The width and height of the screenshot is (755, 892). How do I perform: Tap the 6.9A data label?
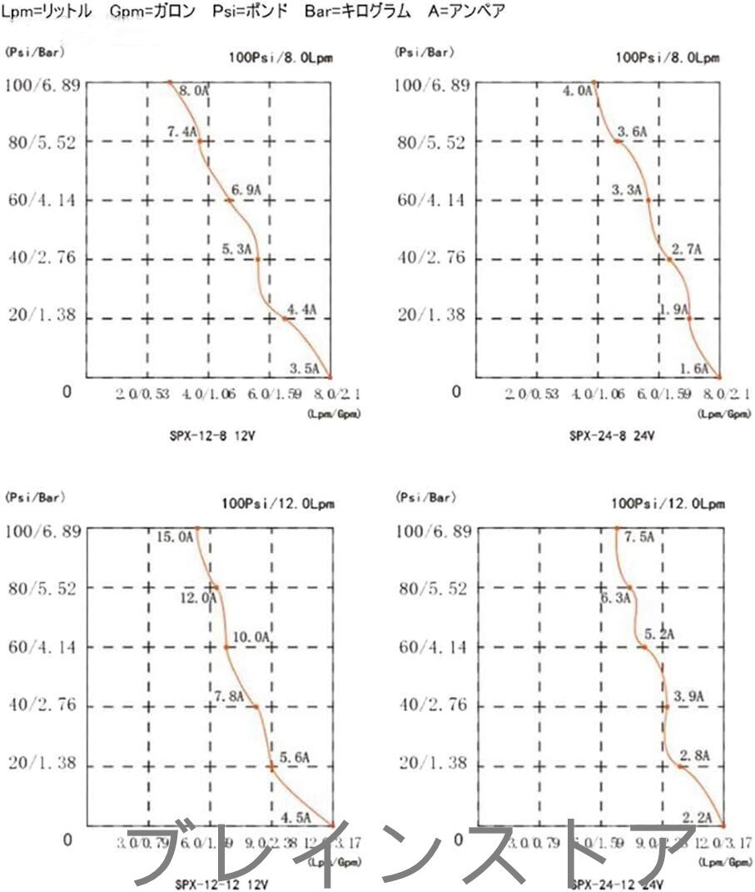click(x=246, y=191)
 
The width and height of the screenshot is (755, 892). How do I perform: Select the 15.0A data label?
click(x=175, y=537)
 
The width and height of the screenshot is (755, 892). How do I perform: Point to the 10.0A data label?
click(x=251, y=637)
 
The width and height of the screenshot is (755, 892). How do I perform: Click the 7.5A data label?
click(x=639, y=537)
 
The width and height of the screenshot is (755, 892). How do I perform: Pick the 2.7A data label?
click(x=687, y=249)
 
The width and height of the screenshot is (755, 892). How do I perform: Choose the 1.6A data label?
click(x=694, y=368)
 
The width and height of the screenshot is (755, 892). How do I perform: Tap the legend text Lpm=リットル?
click(x=47, y=12)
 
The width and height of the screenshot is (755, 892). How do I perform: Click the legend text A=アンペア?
click(x=465, y=12)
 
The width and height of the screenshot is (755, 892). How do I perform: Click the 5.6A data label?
click(x=295, y=757)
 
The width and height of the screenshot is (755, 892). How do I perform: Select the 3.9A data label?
click(x=688, y=696)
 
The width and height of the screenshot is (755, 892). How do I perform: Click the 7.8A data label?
click(x=230, y=696)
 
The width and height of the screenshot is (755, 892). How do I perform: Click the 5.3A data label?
click(x=236, y=248)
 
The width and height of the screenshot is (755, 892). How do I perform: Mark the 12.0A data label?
click(x=197, y=597)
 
